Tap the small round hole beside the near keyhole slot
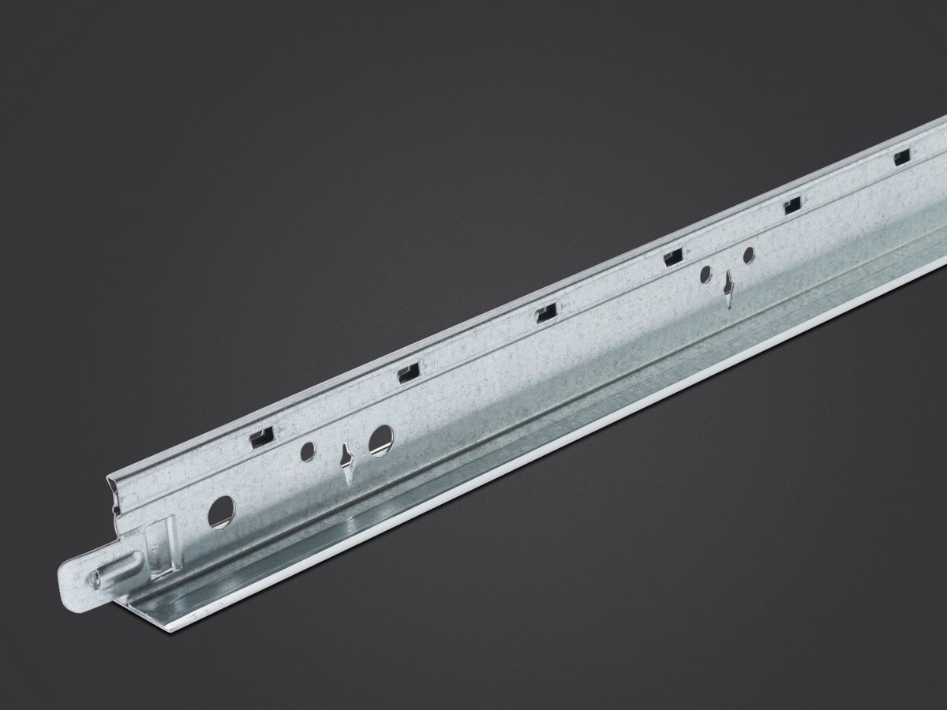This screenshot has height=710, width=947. pos(308,451)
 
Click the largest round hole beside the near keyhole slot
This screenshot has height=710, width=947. pos(380,439)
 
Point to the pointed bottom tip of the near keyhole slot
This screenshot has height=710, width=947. pos(347,483)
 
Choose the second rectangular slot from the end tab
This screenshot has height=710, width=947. pos(408,372)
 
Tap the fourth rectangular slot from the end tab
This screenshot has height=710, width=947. pos(672,256)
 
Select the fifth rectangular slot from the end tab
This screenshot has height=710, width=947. pos(791,207)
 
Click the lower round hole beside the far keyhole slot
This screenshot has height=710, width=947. pos(706,274)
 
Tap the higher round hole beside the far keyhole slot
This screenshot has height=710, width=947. pos(748,254)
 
